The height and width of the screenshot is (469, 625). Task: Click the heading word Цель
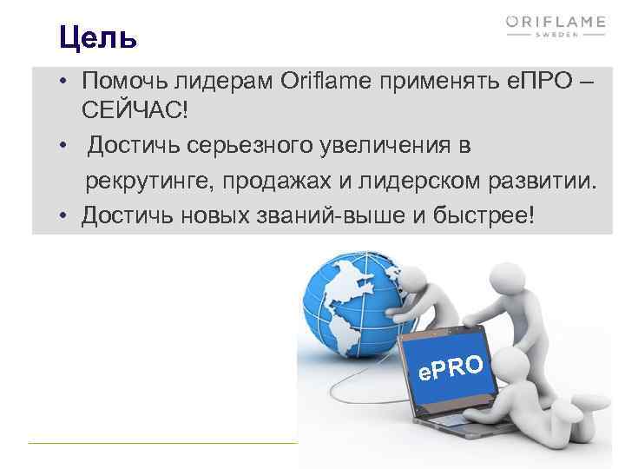click(x=98, y=37)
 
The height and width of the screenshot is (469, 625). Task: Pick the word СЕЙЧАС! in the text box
click(x=135, y=112)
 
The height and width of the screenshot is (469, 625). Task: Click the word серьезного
click(x=257, y=147)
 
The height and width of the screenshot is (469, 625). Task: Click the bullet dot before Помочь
click(x=65, y=82)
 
